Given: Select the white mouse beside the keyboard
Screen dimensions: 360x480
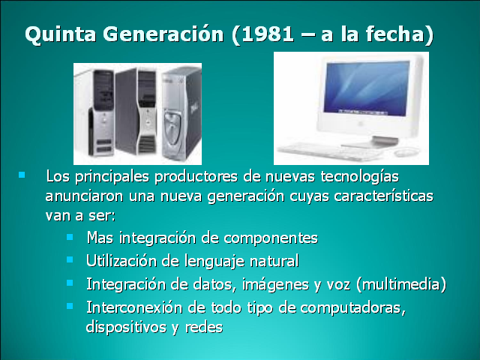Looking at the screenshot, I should [x=406, y=151].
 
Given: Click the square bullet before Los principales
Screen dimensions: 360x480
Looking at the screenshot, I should [x=22, y=175].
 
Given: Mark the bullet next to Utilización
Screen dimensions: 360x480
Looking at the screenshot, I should [x=70, y=259].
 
